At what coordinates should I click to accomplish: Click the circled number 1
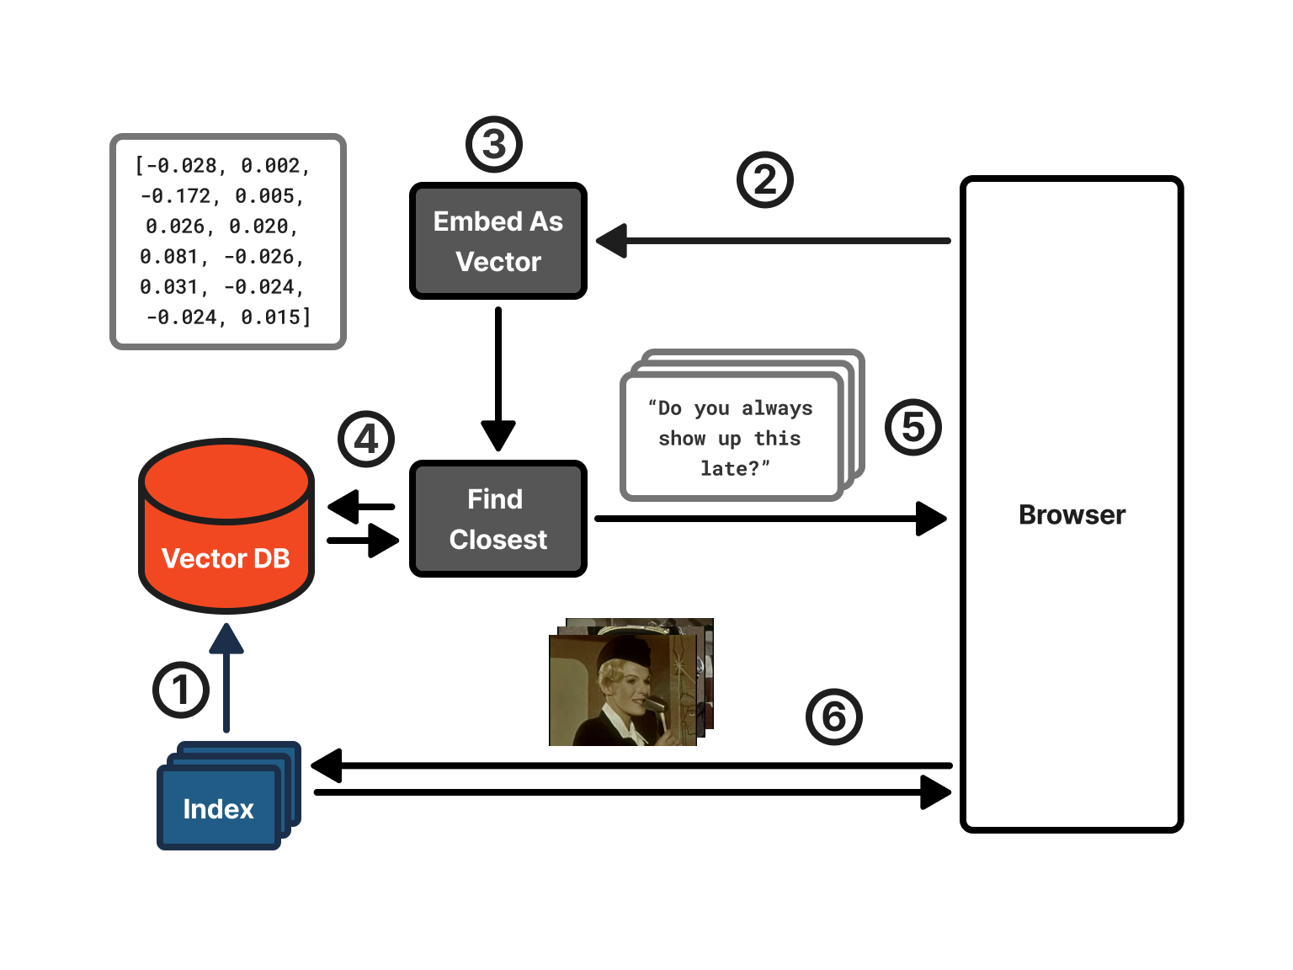click(x=181, y=690)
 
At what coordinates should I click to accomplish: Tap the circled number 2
click(x=765, y=179)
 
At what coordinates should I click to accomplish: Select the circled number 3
click(x=494, y=145)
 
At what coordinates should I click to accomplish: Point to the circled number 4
click(x=366, y=439)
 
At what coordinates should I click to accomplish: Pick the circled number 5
click(x=913, y=427)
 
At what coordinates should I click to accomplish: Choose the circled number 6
click(x=834, y=717)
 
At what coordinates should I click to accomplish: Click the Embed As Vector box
click(x=498, y=241)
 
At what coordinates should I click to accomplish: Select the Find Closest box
click(x=498, y=519)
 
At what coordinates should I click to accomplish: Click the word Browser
click(x=1072, y=514)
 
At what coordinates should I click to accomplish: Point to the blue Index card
click(x=219, y=808)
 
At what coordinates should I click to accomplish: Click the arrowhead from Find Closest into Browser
click(x=930, y=519)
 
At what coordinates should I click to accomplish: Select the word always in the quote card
click(x=777, y=408)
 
